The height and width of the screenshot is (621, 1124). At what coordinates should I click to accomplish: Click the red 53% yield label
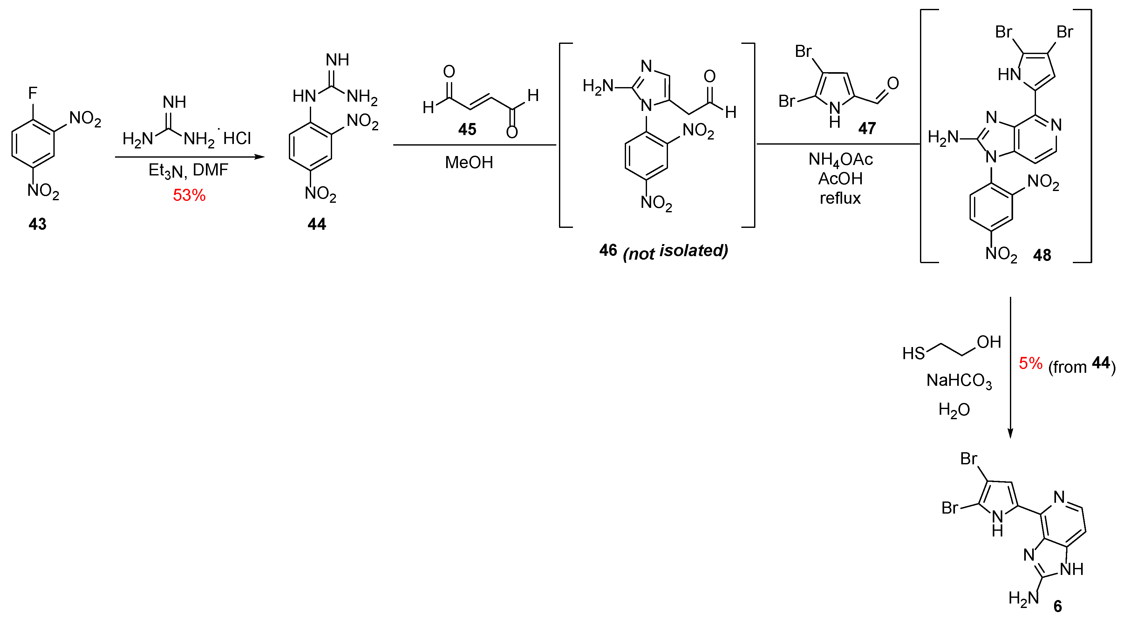[189, 195]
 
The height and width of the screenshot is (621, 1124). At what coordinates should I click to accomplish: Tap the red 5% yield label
[1030, 363]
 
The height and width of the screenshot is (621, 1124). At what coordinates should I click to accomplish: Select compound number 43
[37, 224]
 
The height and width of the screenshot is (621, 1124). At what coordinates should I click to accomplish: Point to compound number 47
[867, 128]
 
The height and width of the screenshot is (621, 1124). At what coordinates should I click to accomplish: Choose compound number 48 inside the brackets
[1042, 255]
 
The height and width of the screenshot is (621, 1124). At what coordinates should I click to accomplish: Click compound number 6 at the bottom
[1058, 606]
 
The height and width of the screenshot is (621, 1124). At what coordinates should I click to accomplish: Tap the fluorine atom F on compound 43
[33, 93]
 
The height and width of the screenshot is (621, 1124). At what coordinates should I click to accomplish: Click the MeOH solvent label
[469, 162]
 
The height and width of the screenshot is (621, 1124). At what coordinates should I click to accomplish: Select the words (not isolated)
[675, 251]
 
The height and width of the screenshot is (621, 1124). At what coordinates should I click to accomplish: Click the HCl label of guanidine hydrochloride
[237, 138]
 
